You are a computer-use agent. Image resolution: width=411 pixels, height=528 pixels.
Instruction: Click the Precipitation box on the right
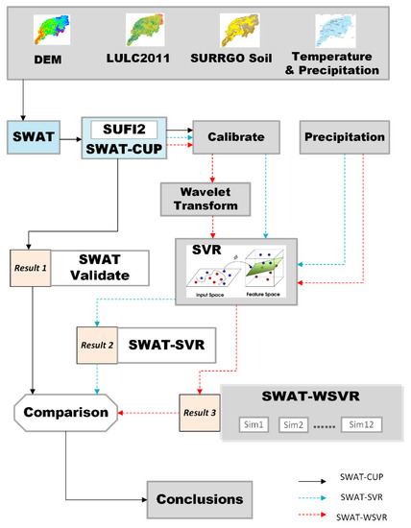tap(344, 138)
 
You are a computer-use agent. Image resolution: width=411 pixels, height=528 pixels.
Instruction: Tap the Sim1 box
tap(251, 423)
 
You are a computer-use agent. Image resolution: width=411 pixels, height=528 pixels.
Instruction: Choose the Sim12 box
tap(368, 423)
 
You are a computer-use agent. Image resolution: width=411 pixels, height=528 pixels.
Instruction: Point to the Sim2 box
tap(298, 423)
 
